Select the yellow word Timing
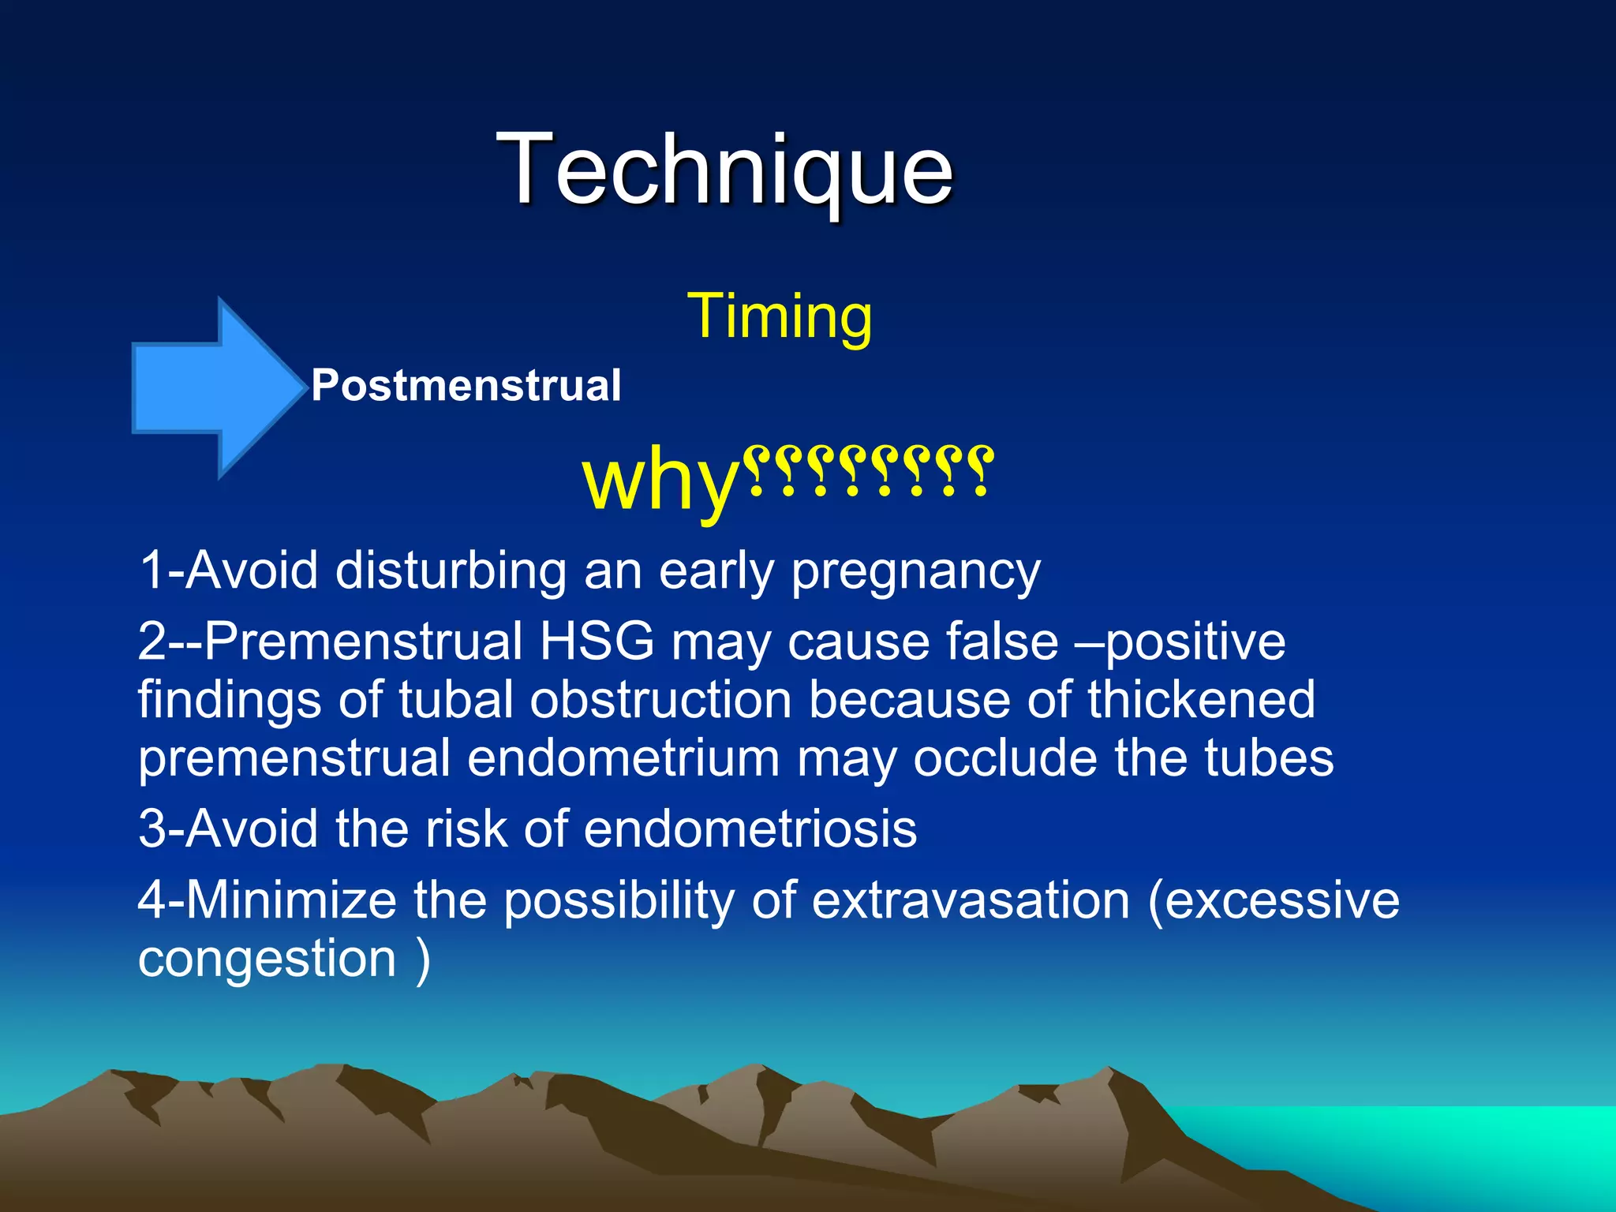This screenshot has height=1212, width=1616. pyautogui.click(x=780, y=316)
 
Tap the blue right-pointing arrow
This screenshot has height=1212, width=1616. pyautogui.click(x=217, y=388)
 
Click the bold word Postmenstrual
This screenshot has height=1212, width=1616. pyautogui.click(x=466, y=386)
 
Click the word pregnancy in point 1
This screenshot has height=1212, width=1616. pyautogui.click(x=915, y=571)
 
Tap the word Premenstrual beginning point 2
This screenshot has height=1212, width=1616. pyautogui.click(x=363, y=641)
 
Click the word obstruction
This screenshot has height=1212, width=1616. pyautogui.click(x=660, y=700)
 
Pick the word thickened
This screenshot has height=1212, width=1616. pyautogui.click(x=1201, y=700)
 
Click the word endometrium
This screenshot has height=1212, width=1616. pyautogui.click(x=623, y=758)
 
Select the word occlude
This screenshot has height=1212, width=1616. pyautogui.click(x=1004, y=758)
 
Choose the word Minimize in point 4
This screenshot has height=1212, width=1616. pyautogui.click(x=290, y=900)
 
